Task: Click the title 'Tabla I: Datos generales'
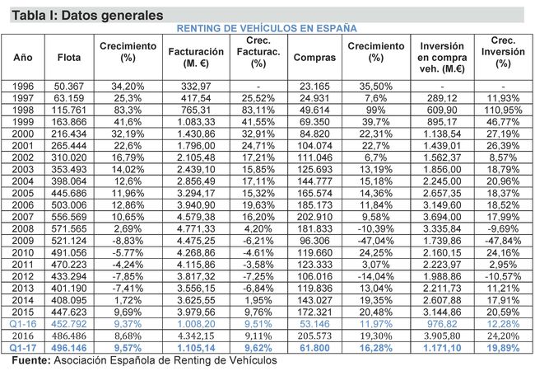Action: point(82,16)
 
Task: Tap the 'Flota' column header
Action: point(69,57)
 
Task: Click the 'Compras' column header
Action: point(314,57)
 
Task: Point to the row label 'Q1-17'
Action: point(22,349)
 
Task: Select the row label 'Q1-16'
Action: point(22,325)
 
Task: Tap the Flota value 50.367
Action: point(69,86)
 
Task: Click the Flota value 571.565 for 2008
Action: point(69,229)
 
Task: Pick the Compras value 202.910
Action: point(314,217)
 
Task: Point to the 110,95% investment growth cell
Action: point(503,110)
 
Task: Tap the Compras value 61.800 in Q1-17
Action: point(314,349)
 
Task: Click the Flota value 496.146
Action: point(69,349)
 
